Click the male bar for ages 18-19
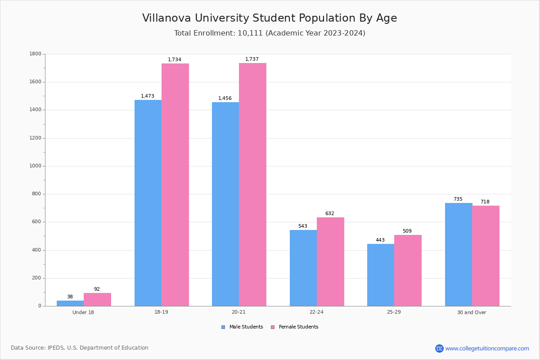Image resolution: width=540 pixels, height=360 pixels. pos(148,202)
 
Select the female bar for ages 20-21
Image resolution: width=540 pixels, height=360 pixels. pos(252,184)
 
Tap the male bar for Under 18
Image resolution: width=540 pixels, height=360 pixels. pos(70,303)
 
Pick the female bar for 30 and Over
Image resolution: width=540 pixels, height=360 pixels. pos(486,256)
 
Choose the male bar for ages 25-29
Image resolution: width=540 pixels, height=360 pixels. pos(381,275)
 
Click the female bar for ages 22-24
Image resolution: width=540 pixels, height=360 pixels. pos(330,261)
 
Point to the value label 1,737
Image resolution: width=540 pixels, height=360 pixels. pos(252,59)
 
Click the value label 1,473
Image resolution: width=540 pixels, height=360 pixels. pos(148,96)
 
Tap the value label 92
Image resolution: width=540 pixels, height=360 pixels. pos(97,289)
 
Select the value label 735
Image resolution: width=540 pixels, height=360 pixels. pos(458,199)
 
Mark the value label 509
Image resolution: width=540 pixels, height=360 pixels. pos(407,231)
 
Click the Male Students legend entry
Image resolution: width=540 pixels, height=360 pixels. pos(246,327)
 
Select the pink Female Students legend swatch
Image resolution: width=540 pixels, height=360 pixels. pos(273,327)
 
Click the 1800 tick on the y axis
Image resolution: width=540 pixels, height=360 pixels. pos(35,54)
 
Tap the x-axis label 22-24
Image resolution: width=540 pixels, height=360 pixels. pos(316,312)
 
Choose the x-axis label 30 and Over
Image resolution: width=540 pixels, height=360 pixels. pos(472,312)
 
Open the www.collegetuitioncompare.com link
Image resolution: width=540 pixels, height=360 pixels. pos(487,348)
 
